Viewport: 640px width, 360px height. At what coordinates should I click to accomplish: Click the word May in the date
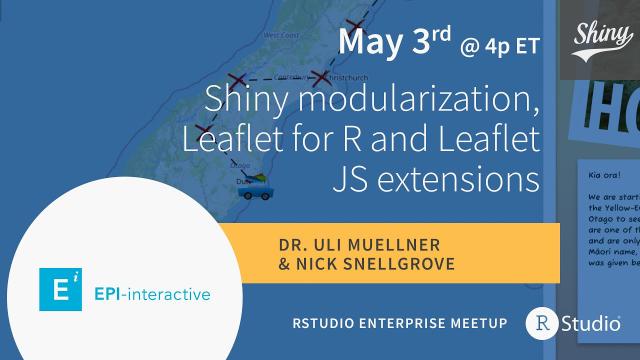(x=367, y=43)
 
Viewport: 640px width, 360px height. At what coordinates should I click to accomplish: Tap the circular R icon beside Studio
(x=541, y=323)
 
